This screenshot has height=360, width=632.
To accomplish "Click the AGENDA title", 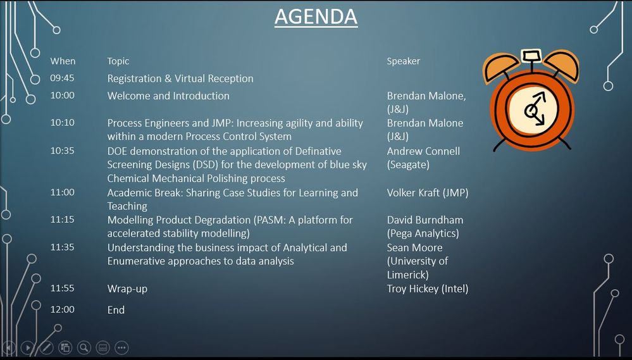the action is pos(316,17).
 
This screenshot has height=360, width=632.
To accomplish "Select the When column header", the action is pos(63,61).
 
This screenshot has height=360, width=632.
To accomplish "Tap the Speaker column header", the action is pos(403,61).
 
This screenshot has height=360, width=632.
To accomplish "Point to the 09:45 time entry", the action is pos(62,78).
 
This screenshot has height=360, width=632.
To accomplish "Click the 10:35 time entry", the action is pos(62,151).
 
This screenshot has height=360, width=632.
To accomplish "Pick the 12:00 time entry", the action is pos(62,309).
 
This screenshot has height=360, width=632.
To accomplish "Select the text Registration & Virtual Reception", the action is pos(180,79).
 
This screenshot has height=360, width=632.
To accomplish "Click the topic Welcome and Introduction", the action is pos(168,96).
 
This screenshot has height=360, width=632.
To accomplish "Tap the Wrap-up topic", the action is pos(127,289).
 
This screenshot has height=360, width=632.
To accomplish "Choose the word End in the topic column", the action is pos(116,310).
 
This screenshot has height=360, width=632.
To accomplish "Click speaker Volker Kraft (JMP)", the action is pos(428,193).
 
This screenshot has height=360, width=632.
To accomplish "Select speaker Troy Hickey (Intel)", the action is pos(428,289).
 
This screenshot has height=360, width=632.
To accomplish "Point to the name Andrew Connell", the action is pos(423,151).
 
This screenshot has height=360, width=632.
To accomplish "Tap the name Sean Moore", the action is pos(414,247).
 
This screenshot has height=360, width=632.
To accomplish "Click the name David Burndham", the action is pos(425,220).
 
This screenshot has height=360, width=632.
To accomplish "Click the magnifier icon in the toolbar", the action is pos(84,347).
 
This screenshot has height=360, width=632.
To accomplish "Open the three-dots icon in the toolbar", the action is pos(121,347).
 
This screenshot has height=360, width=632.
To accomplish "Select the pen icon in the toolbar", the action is pos(46,347).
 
